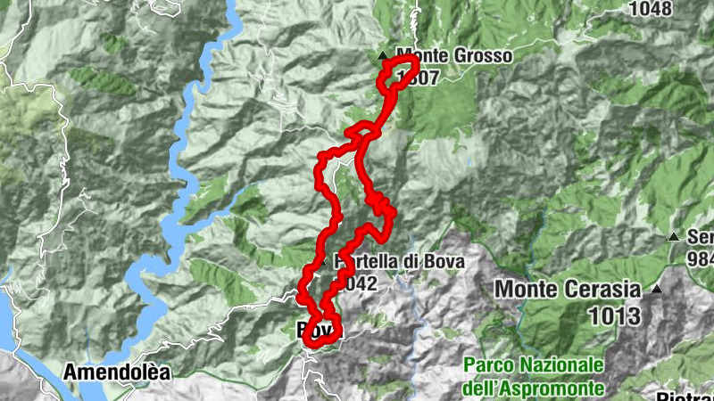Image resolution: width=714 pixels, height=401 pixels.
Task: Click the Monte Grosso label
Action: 454,56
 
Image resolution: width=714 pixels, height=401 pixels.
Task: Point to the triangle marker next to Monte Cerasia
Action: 657,290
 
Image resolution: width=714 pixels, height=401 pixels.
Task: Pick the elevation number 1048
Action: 651,9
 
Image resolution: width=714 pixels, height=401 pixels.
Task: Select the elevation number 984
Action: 702,258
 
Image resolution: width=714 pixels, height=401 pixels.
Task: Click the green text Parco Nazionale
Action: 534,365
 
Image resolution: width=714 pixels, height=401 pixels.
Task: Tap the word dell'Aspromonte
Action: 534,388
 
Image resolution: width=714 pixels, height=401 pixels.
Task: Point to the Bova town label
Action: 315,330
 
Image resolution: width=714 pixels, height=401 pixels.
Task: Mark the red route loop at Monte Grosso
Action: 399,72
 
